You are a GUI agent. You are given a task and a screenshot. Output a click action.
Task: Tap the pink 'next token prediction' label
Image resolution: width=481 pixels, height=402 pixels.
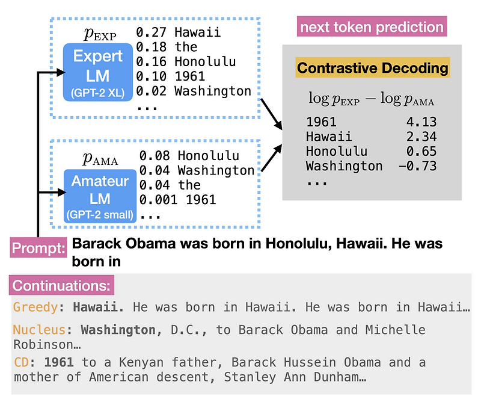tap(372, 27)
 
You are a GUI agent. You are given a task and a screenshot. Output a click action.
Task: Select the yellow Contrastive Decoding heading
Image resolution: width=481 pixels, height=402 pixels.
tap(373, 68)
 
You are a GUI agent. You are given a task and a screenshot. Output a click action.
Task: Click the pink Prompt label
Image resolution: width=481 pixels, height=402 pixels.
tap(39, 248)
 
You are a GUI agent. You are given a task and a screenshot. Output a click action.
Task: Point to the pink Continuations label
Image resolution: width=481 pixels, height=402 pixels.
tap(62, 285)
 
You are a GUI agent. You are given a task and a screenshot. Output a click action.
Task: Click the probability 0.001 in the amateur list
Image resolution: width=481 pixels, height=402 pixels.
tap(156, 199)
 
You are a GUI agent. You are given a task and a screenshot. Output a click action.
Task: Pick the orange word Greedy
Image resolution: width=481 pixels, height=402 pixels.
tap(35, 307)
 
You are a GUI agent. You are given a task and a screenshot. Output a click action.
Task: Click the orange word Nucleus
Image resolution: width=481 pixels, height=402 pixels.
tap(39, 330)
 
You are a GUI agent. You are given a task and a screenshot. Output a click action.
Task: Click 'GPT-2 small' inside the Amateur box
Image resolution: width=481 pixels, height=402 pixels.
tap(100, 215)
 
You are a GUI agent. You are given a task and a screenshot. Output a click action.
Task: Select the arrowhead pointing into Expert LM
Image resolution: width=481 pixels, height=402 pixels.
tap(61, 72)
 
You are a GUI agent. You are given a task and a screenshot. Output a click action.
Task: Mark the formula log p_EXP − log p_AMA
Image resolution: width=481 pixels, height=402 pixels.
tap(372, 99)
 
